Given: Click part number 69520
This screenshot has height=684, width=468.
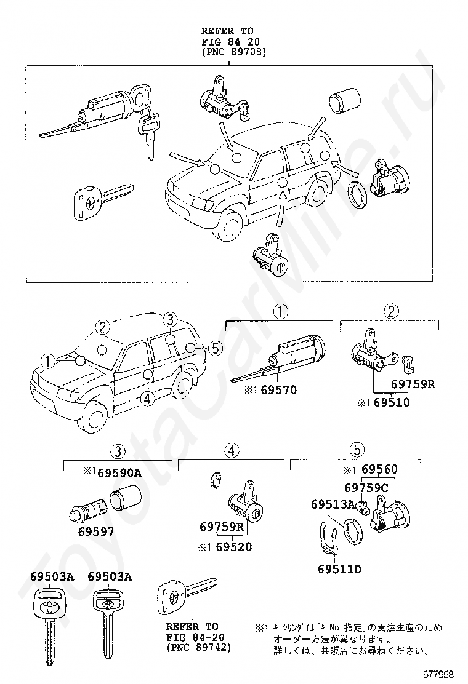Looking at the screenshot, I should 233,546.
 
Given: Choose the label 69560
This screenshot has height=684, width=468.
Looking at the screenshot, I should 379,470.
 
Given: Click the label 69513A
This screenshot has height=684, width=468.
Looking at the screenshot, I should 333,504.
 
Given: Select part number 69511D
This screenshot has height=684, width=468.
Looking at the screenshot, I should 340,568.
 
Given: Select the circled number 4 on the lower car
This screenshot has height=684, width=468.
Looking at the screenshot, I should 146,399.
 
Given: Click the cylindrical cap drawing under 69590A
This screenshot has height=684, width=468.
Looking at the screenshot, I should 125,496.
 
